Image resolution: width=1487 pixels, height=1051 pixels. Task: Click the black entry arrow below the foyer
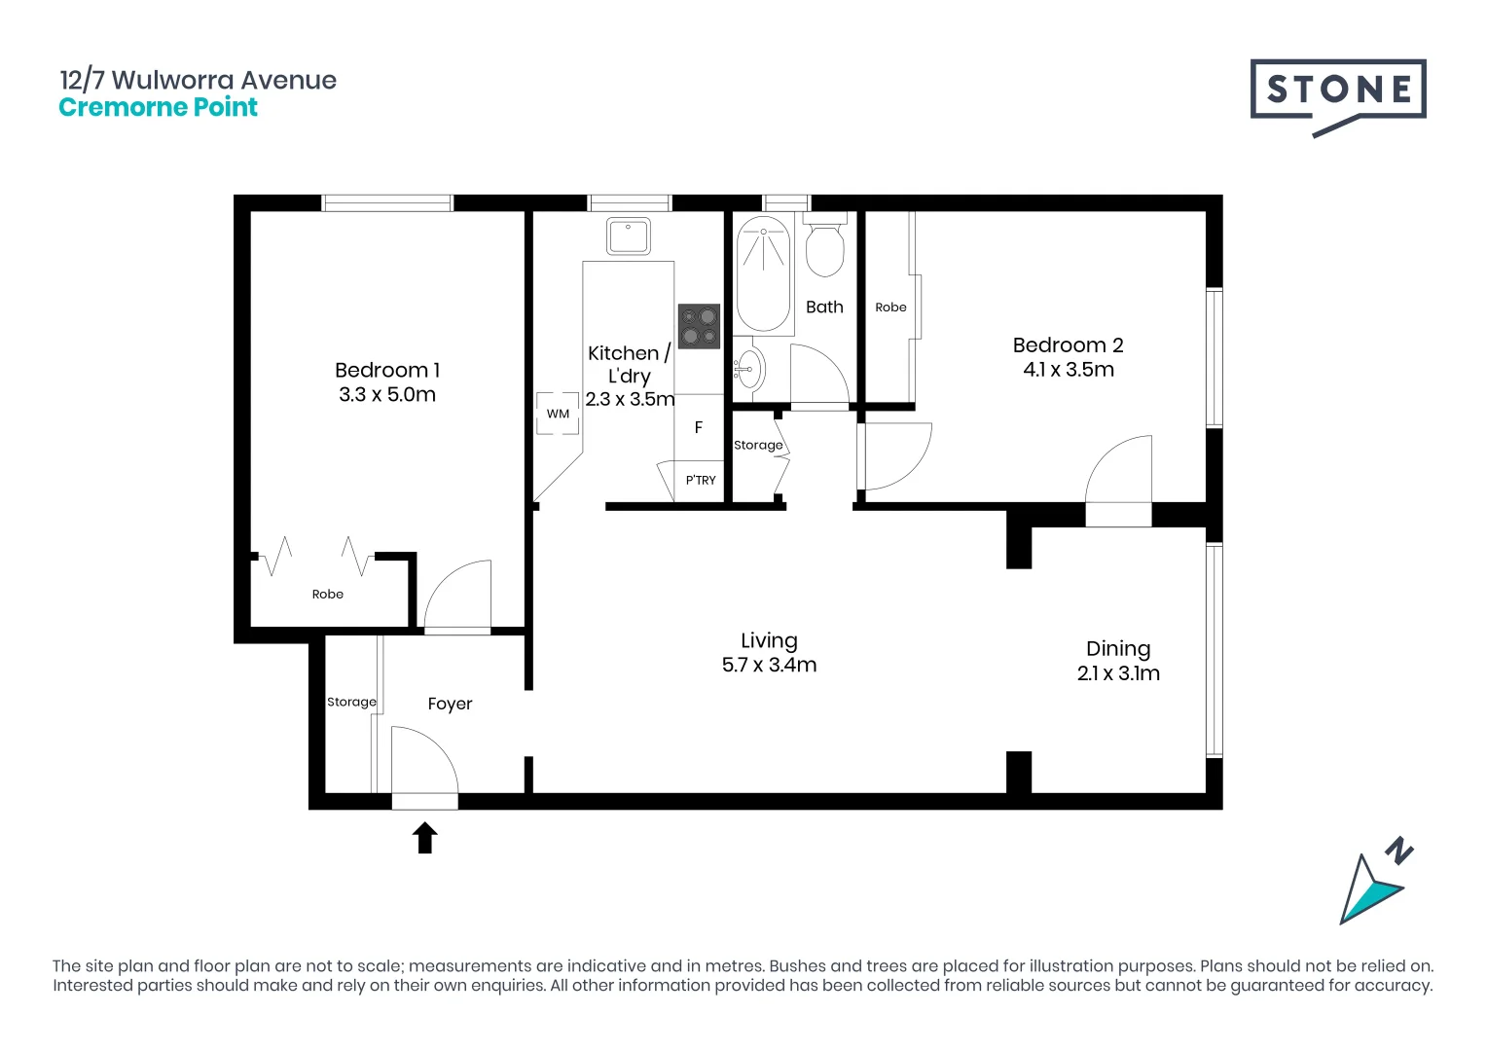point(425,838)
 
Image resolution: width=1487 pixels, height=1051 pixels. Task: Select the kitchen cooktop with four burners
point(699,326)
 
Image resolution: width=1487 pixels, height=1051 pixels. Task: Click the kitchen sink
point(629,236)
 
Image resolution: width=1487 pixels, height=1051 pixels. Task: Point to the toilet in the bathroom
point(825,248)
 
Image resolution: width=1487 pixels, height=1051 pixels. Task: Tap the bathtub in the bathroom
point(764,275)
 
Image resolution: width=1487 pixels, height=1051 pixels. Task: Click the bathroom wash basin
point(748,369)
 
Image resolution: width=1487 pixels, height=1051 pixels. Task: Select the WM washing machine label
point(558,414)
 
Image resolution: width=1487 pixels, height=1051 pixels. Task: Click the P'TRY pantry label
point(701,480)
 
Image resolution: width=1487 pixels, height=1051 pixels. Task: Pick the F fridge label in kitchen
point(699,427)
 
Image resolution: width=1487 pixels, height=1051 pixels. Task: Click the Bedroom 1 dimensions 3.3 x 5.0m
point(387,395)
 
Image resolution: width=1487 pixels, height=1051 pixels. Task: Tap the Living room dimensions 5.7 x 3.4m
point(769,666)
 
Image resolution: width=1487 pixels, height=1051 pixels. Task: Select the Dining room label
point(1118,649)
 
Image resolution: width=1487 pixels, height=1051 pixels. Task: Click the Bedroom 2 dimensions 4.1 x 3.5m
point(1069,370)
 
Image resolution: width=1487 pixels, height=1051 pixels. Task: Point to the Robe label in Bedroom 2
point(890,308)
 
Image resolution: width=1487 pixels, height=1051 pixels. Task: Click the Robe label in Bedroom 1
point(328,595)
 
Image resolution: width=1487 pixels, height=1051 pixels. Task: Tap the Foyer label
point(450,704)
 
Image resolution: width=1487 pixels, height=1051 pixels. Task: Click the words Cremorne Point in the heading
point(158,108)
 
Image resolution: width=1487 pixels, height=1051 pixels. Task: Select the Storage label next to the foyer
point(351,702)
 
